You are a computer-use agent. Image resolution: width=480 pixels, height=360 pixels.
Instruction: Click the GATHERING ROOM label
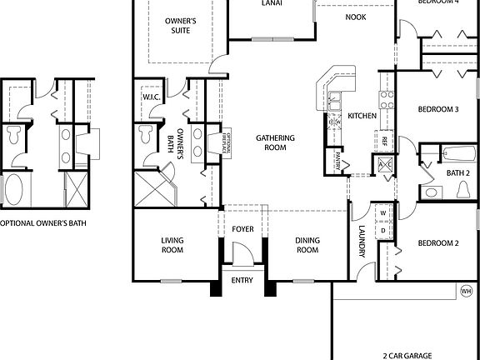[272, 142]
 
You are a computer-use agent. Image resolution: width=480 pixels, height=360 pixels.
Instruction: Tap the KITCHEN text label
[362, 115]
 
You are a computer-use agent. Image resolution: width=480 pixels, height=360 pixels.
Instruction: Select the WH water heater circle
[465, 291]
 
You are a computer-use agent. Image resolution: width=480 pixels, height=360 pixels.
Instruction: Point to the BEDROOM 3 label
[438, 109]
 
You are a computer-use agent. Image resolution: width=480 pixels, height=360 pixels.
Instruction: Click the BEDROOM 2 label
[438, 243]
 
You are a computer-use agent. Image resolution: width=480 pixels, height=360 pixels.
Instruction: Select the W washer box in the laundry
[382, 210]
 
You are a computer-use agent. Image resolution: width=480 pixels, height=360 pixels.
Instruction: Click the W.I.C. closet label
[151, 97]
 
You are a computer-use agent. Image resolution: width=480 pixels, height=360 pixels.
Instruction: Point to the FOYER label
[242, 228]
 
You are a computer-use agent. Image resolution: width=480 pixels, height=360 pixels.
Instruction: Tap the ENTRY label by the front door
[242, 280]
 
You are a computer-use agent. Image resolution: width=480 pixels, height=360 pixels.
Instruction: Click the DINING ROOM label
[307, 245]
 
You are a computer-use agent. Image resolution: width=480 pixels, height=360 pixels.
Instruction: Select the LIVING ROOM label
[172, 245]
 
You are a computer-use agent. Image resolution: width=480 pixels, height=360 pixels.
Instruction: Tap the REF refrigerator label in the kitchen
[385, 142]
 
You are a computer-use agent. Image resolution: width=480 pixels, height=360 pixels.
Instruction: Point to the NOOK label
[356, 16]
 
